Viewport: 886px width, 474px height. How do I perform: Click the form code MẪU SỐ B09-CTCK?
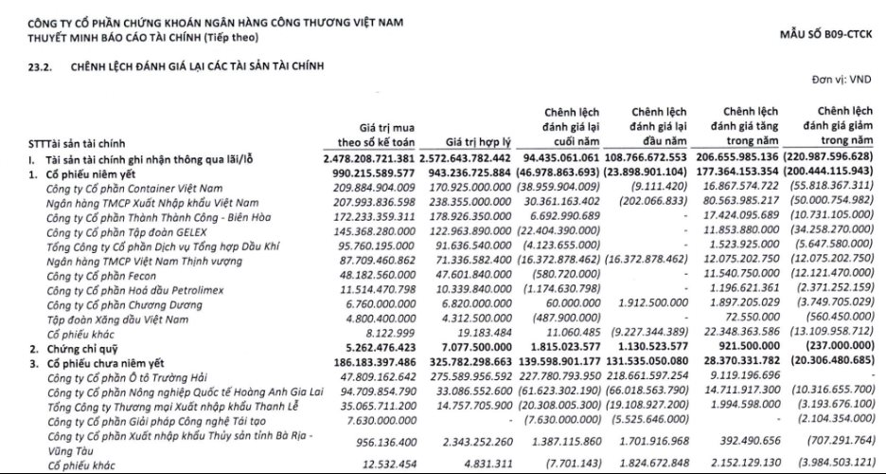tap(824, 34)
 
